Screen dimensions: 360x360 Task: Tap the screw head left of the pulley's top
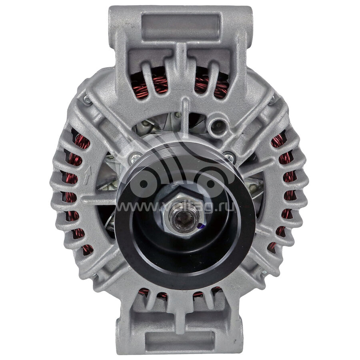pos(135,158)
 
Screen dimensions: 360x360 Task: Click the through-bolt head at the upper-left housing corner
pos(88,100)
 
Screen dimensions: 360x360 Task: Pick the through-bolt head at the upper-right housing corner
pos(272,99)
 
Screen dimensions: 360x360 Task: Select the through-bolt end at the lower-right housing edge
pos(264,272)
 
